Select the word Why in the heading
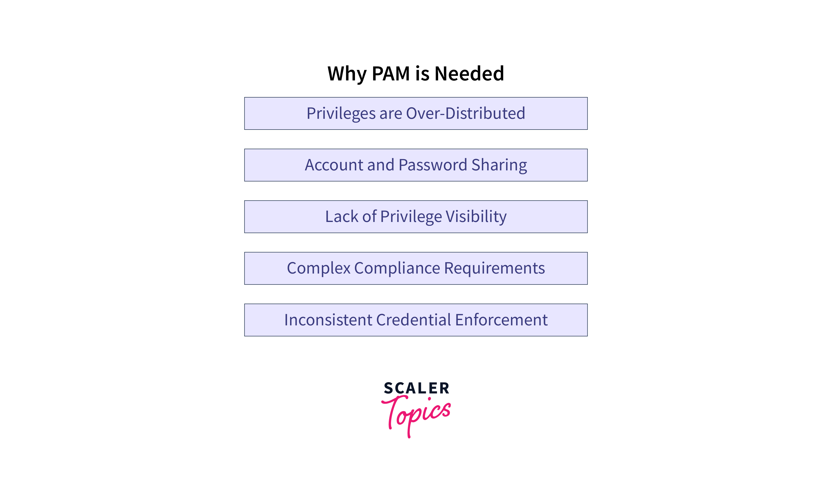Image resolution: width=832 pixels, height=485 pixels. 347,74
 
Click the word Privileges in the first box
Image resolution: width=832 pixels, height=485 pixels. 341,113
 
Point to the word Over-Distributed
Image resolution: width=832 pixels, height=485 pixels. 466,113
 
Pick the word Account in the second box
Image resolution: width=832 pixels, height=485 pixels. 334,165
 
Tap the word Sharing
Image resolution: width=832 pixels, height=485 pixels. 499,165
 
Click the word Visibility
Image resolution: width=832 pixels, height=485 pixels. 476,217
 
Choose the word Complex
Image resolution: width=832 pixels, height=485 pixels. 319,268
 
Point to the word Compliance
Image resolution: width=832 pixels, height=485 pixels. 397,268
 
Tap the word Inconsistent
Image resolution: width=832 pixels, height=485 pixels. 328,320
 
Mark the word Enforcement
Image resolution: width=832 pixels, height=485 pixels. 501,320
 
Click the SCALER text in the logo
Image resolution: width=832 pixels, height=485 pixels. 416,388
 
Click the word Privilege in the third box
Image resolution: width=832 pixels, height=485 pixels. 411,217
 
